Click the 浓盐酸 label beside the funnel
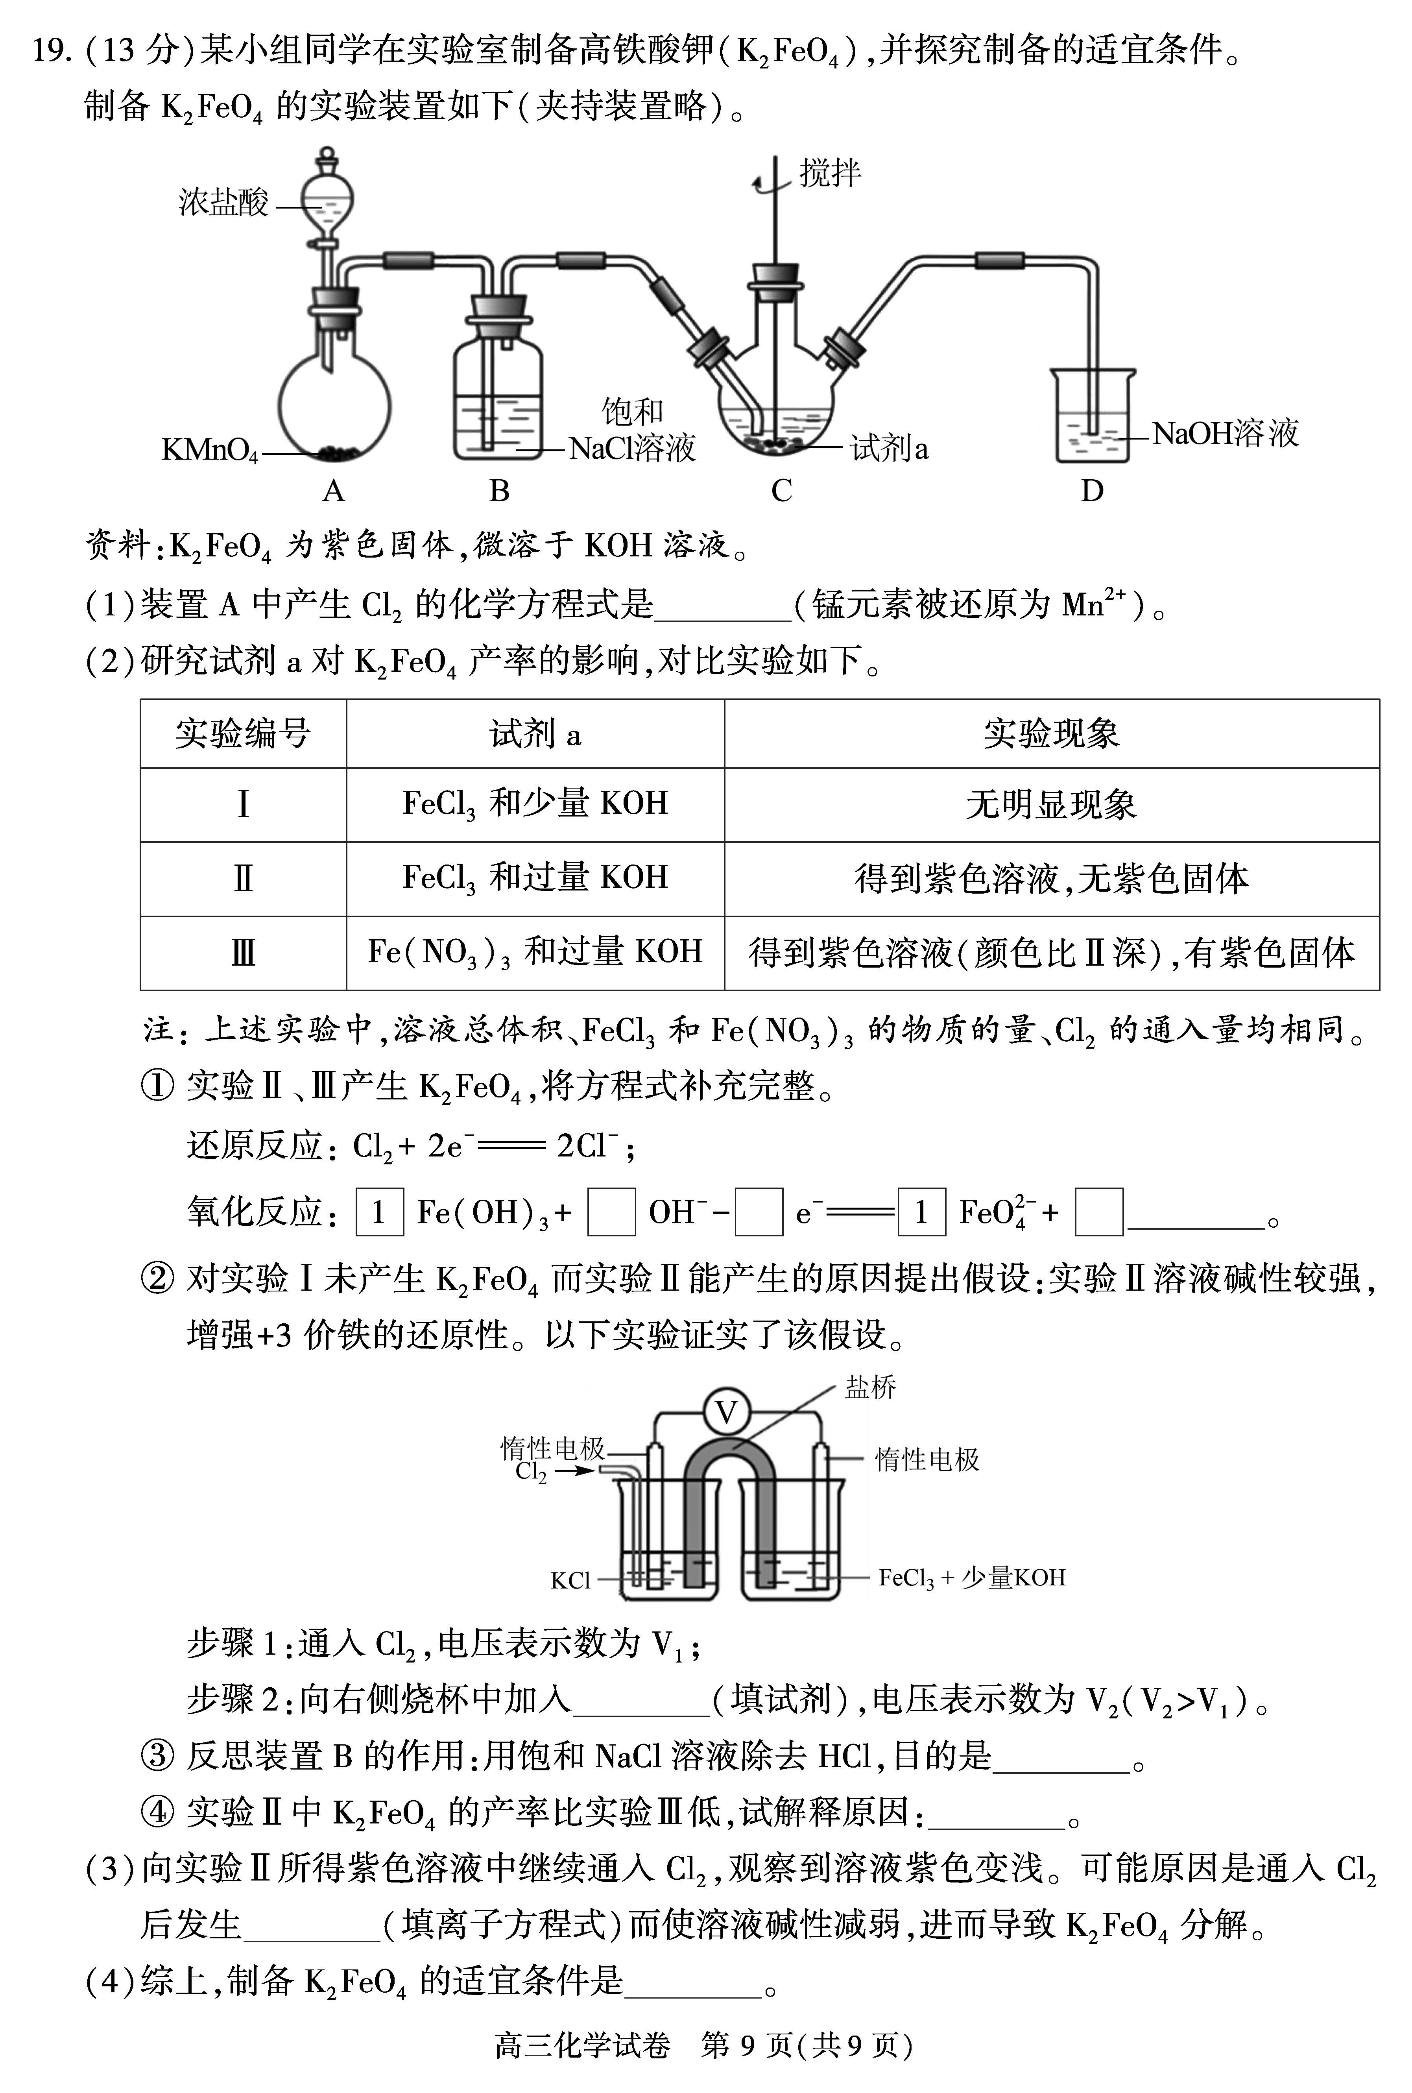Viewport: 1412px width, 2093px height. [223, 203]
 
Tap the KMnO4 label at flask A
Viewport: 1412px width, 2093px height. [209, 449]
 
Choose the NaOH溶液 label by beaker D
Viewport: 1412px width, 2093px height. [1225, 434]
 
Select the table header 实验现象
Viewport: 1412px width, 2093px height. [1051, 734]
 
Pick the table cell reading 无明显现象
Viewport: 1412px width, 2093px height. [1051, 804]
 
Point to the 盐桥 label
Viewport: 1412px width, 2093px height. [870, 1388]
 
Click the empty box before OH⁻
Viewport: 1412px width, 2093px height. [611, 1212]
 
